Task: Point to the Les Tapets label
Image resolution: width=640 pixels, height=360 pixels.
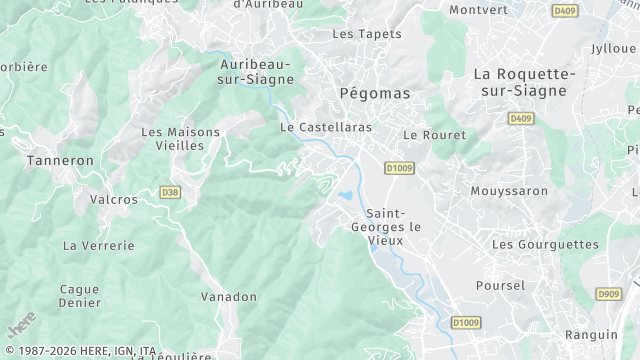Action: (x=366, y=34)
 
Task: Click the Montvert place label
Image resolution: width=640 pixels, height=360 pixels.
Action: (x=478, y=10)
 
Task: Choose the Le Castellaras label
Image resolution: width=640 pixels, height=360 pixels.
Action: (x=325, y=127)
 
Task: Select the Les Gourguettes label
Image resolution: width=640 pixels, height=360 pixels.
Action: (x=545, y=244)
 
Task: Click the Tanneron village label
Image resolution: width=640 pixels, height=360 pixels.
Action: (x=60, y=160)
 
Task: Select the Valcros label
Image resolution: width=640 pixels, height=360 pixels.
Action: (x=114, y=199)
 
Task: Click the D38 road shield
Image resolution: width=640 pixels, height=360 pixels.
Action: (x=170, y=192)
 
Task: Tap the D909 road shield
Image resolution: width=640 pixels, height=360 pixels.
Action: (x=607, y=294)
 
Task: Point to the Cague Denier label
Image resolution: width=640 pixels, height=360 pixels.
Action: (x=79, y=296)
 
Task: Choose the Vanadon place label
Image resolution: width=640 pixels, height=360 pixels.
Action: (x=229, y=297)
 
